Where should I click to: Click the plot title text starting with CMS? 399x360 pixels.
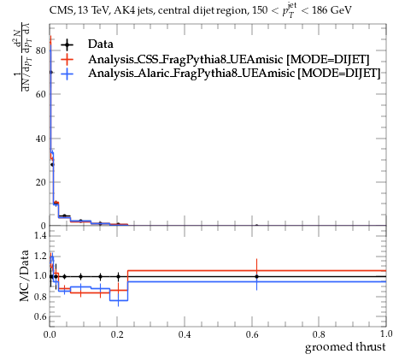(200, 10)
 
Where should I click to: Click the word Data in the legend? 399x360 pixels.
(101, 44)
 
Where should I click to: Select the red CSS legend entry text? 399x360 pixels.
(229, 59)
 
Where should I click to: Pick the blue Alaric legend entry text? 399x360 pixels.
(234, 74)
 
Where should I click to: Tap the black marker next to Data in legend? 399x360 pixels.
(67, 44)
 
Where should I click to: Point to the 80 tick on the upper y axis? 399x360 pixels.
(41, 50)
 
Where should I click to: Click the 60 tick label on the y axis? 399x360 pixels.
(41, 94)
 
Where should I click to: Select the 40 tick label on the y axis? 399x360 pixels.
(41, 139)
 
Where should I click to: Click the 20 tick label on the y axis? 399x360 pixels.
(41, 182)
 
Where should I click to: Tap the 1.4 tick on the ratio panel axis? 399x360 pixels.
(40, 235)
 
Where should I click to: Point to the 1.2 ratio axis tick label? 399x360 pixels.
(40, 256)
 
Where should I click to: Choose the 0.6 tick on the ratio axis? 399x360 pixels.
(40, 316)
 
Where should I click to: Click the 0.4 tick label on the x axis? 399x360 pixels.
(185, 334)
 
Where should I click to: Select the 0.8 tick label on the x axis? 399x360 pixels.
(319, 334)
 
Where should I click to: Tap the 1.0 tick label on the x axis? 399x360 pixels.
(386, 333)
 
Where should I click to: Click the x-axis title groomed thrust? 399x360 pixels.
(345, 347)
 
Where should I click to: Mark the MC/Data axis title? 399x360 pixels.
(25, 275)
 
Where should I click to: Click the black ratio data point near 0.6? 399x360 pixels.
(257, 276)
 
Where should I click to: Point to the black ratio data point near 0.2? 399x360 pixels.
(118, 276)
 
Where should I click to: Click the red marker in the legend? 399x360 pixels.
(67, 59)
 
